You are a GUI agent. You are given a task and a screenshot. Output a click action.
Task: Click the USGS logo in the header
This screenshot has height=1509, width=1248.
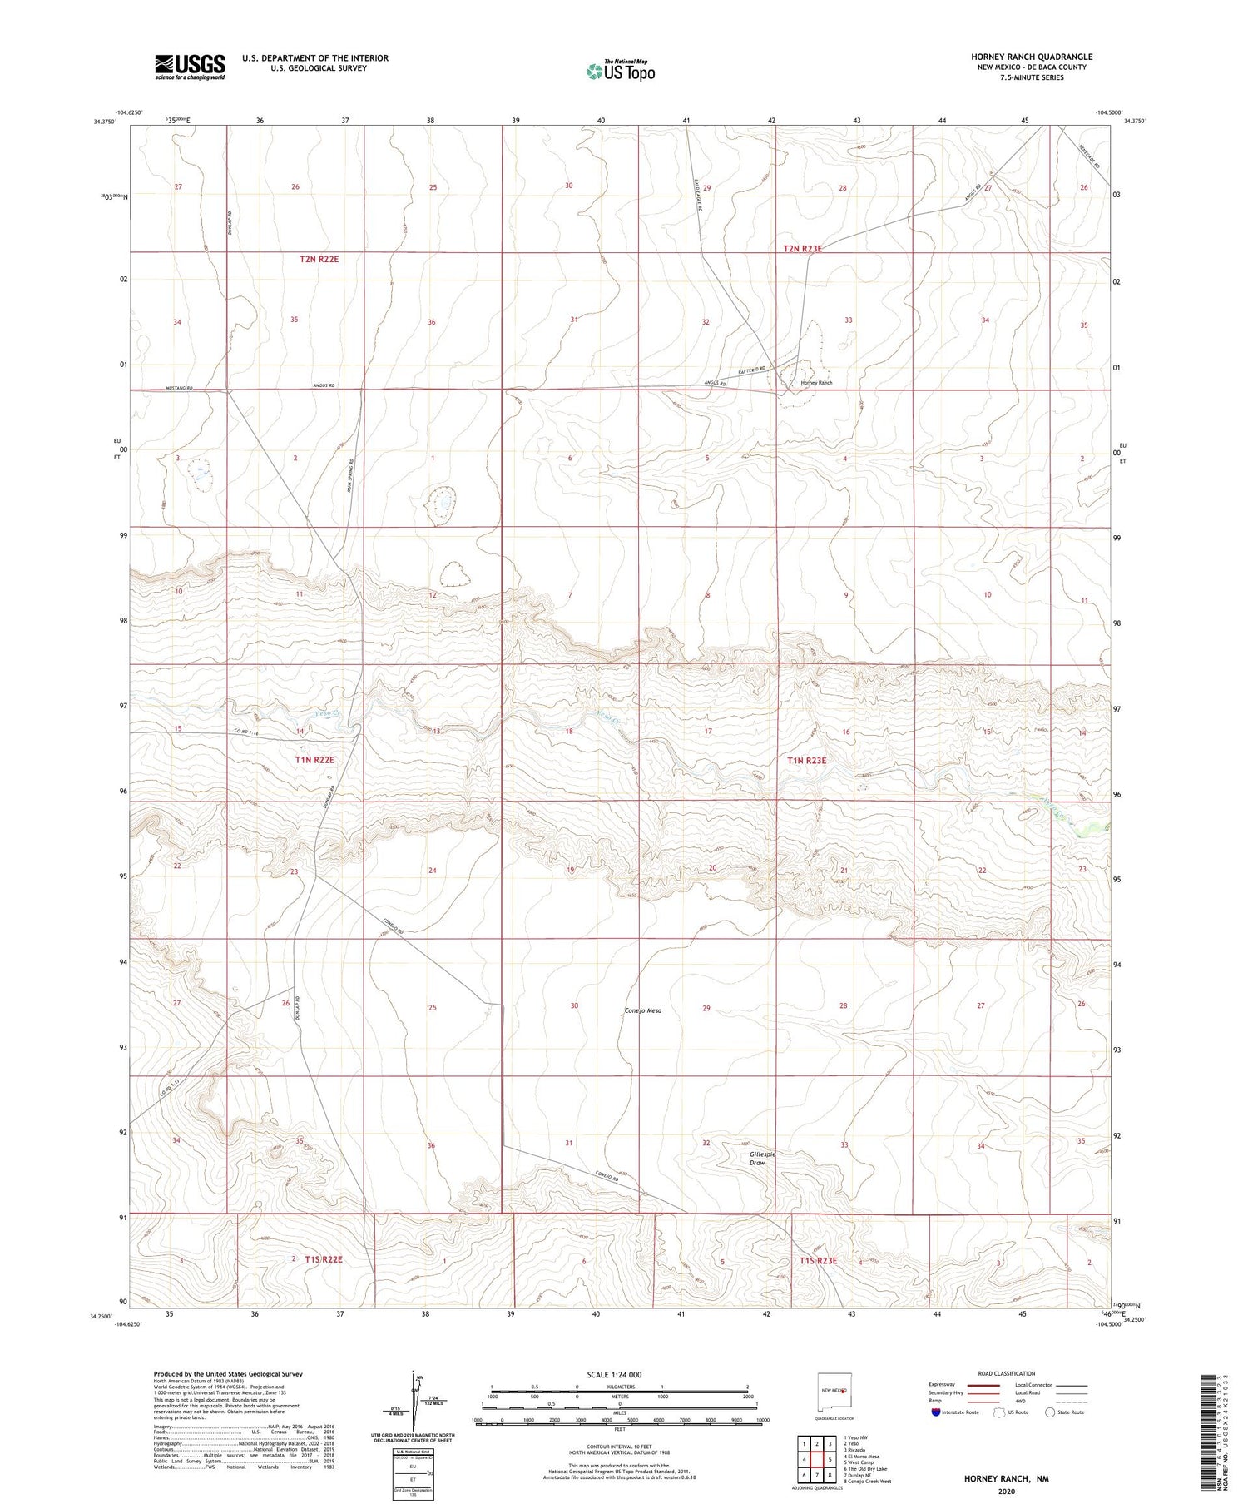tap(190, 67)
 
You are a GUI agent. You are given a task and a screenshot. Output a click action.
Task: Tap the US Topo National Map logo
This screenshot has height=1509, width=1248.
tap(620, 71)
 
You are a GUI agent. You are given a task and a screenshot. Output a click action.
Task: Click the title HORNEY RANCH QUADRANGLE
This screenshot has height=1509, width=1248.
tap(1032, 57)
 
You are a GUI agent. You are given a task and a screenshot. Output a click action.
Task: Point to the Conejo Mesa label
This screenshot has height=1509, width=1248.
tap(643, 1010)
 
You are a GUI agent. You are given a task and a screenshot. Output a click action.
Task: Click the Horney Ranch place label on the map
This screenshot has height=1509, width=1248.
tap(816, 383)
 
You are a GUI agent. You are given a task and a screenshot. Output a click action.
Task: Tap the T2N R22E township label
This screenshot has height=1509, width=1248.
tap(319, 260)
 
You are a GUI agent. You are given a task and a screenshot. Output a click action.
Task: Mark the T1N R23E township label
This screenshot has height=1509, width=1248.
tap(806, 760)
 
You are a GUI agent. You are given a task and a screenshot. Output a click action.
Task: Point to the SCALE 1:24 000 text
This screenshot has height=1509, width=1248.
tap(614, 1375)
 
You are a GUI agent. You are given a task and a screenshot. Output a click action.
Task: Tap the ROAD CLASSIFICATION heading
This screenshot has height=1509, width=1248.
tap(1007, 1374)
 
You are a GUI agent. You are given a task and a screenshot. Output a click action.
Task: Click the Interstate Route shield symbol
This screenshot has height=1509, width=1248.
tap(936, 1412)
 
